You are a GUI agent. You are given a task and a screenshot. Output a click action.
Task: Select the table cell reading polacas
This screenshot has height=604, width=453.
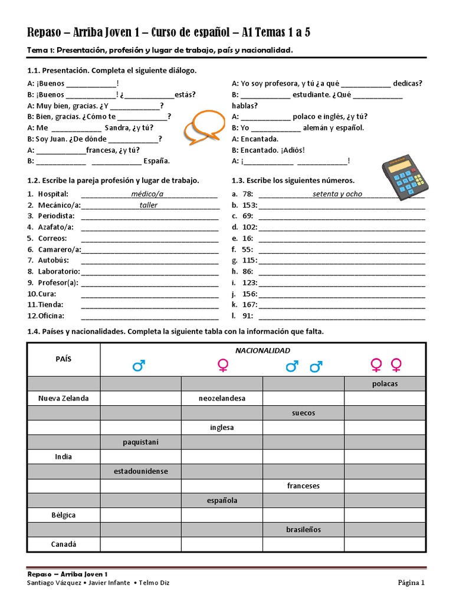(x=385, y=384)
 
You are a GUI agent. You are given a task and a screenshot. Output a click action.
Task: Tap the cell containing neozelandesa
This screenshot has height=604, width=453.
(x=222, y=398)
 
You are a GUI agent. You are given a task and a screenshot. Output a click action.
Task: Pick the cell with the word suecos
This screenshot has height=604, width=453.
(x=303, y=413)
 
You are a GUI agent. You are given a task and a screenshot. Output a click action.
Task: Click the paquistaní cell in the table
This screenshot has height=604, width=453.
(x=140, y=442)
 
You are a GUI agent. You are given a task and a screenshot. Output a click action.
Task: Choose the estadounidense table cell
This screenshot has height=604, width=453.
(x=140, y=471)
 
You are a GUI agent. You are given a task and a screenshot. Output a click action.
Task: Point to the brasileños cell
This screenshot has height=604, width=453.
(x=303, y=530)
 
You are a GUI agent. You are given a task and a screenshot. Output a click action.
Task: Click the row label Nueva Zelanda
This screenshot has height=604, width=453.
(x=63, y=398)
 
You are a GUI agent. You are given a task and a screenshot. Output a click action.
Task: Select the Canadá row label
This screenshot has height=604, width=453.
(x=63, y=544)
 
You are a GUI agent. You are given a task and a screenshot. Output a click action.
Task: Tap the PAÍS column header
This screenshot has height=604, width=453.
(x=63, y=359)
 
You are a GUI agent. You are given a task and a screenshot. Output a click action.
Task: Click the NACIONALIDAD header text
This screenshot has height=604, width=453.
(x=262, y=350)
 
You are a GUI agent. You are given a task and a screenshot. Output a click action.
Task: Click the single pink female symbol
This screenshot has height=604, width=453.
(x=222, y=366)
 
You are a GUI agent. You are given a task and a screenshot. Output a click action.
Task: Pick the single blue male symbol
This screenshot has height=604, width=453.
(x=139, y=366)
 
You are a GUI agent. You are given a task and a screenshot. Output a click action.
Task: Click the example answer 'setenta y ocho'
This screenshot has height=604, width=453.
(x=337, y=194)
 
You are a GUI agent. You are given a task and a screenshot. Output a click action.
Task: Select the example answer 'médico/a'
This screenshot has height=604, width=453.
(x=147, y=194)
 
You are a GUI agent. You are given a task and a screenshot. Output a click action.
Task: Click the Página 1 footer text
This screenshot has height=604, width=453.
(x=411, y=583)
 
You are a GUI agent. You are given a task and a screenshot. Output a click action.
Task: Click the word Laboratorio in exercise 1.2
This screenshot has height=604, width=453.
(x=58, y=272)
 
